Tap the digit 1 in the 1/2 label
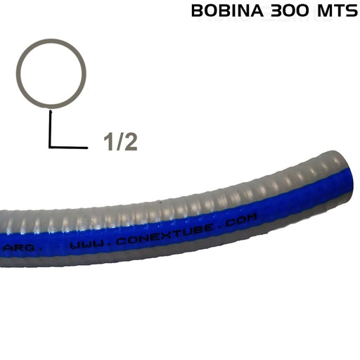tap(108, 141)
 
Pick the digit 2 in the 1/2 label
tap(129, 141)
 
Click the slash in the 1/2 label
tap(118, 141)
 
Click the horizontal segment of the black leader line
tap(67, 146)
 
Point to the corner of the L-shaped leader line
tap(51, 146)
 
